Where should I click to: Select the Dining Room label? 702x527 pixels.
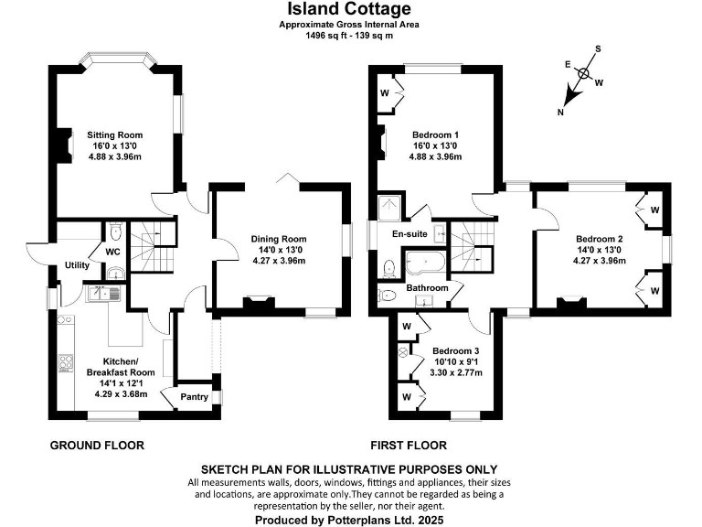279,240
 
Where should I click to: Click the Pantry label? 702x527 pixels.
193,396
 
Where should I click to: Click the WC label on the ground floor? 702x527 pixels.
114,251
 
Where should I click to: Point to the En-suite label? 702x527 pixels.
410,234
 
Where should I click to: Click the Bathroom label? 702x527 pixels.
427,288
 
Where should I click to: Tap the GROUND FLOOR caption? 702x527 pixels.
96,446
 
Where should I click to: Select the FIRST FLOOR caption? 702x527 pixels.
409,446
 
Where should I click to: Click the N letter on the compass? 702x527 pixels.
561,112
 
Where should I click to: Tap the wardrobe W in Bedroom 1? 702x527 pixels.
386,92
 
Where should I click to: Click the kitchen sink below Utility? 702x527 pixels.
101,295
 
